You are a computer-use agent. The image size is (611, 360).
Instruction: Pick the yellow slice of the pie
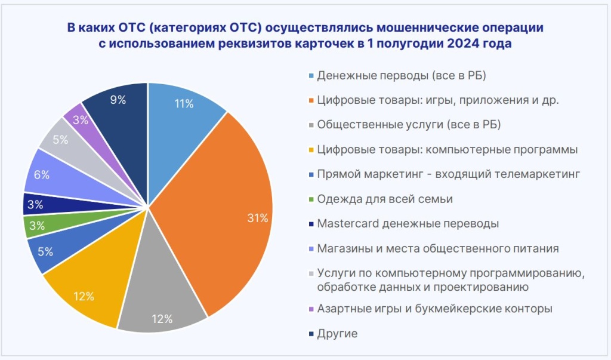[87, 287]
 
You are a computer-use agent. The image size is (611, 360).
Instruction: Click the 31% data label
[258, 219]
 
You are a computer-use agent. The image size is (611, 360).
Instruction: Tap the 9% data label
[118, 100]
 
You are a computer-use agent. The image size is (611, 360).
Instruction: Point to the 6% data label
[42, 175]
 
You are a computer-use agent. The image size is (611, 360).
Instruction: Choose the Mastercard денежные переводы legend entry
[408, 223]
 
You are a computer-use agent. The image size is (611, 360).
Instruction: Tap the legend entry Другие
[337, 334]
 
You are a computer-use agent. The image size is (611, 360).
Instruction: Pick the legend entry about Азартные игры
[435, 309]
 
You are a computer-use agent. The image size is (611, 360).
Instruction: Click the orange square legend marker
[311, 101]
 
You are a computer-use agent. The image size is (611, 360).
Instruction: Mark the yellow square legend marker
[311, 150]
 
